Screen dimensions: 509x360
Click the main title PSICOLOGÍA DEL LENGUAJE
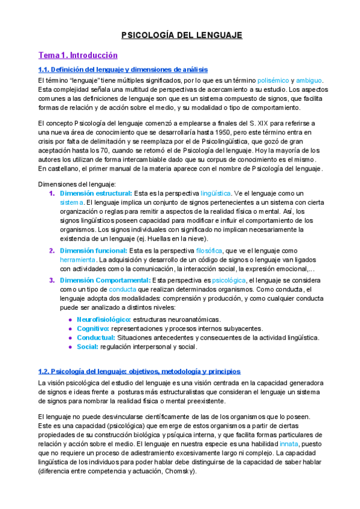click(x=182, y=35)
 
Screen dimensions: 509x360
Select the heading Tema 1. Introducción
click(x=77, y=55)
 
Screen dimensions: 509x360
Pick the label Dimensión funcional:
click(x=93, y=250)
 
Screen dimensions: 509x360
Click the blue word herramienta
click(x=77, y=260)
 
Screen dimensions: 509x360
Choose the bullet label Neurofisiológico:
click(x=104, y=319)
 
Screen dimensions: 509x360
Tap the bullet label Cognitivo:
click(x=92, y=328)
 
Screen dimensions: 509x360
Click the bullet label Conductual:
click(x=96, y=337)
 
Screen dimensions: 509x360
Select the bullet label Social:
click(x=88, y=346)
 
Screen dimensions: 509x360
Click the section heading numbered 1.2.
click(x=139, y=372)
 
